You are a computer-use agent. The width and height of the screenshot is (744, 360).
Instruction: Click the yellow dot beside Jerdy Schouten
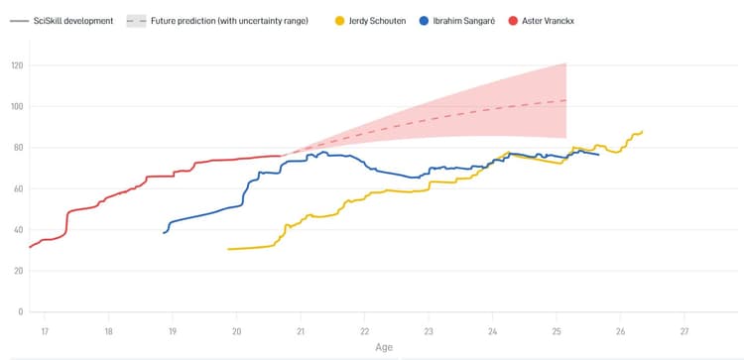[x=340, y=21]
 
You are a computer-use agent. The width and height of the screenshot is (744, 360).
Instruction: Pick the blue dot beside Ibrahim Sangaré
[x=424, y=21]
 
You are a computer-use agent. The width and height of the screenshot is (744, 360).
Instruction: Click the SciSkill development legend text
[x=72, y=21]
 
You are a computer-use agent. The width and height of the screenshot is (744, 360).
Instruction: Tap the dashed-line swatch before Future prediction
[x=136, y=21]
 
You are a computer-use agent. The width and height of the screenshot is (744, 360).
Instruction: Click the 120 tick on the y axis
[x=17, y=65]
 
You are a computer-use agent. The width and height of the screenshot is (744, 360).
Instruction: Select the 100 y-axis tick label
[x=17, y=106]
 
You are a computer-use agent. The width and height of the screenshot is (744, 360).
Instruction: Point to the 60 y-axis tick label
[x=18, y=188]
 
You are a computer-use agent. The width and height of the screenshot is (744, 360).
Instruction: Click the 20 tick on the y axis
[x=18, y=271]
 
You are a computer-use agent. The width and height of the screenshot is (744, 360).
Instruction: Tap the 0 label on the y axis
[x=20, y=311]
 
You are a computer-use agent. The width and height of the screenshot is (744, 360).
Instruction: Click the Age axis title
[x=383, y=348]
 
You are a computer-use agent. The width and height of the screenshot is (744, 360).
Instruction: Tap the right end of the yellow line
[x=643, y=131]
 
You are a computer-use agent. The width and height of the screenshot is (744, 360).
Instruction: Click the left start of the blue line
[x=164, y=232]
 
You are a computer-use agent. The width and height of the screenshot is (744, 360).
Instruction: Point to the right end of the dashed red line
[x=565, y=100]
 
